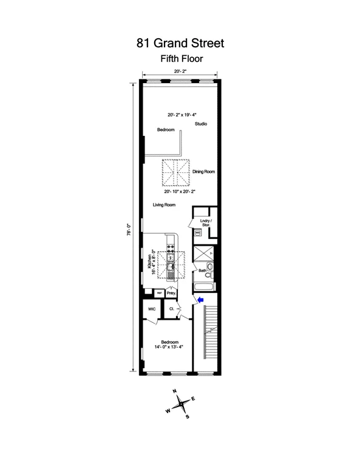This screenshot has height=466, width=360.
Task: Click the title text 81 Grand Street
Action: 180,43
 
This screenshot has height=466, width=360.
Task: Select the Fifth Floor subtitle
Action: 180,59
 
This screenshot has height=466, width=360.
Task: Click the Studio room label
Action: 201,124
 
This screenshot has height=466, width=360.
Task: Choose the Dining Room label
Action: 204,172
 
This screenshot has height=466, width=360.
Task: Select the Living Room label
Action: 164,205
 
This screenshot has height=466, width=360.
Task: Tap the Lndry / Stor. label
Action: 206,222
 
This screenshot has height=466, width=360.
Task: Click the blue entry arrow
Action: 200,299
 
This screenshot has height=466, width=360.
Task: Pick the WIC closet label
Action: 152,309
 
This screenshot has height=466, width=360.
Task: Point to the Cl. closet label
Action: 172,309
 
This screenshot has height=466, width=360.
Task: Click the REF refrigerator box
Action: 159,292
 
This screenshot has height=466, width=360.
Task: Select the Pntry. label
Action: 171,293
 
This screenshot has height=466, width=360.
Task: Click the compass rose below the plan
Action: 180,403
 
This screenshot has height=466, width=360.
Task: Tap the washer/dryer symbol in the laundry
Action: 198,232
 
